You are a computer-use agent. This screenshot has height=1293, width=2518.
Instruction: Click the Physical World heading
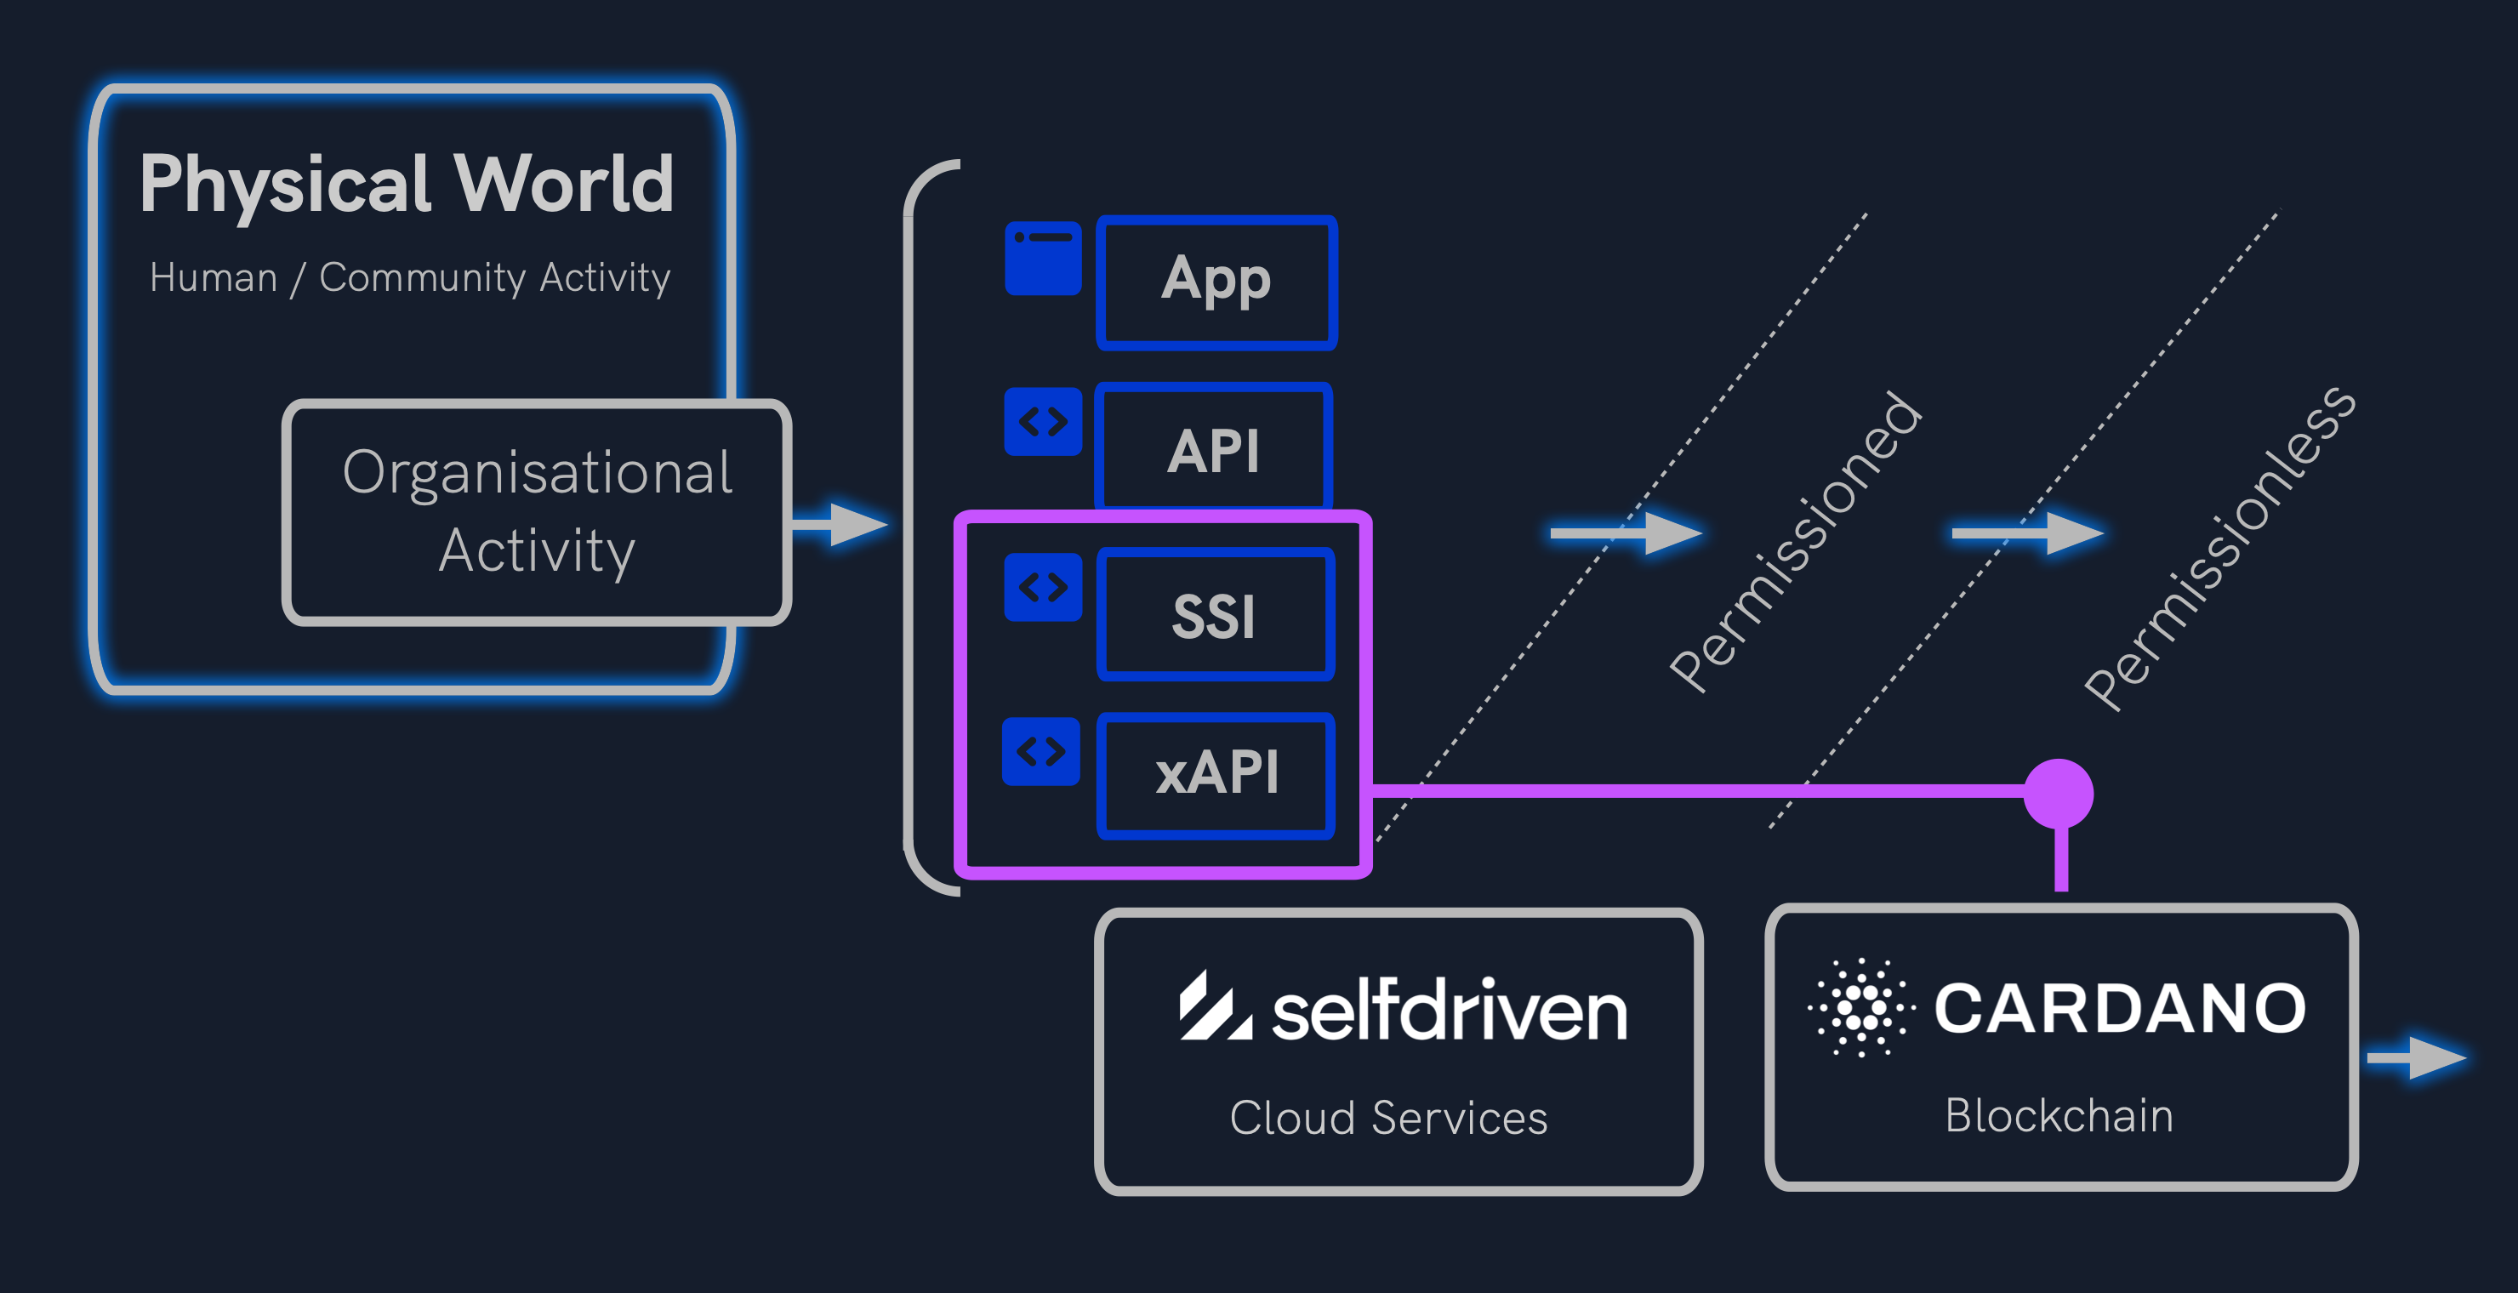click(x=407, y=184)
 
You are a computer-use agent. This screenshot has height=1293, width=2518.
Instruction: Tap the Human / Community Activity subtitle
click(x=409, y=277)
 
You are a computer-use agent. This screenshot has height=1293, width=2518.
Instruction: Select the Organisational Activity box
click(x=537, y=511)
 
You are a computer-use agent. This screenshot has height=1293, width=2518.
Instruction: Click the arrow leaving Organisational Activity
click(x=840, y=524)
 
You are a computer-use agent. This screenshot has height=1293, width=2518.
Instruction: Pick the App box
click(x=1216, y=282)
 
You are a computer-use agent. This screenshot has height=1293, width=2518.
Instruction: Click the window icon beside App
click(x=1043, y=258)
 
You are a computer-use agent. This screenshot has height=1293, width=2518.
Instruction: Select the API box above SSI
click(x=1213, y=449)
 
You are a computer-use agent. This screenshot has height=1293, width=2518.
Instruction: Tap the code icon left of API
click(x=1043, y=422)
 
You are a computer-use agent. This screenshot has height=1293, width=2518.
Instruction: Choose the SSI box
click(x=1214, y=615)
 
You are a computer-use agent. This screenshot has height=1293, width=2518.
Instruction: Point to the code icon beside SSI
click(x=1043, y=587)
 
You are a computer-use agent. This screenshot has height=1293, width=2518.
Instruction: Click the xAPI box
click(x=1216, y=774)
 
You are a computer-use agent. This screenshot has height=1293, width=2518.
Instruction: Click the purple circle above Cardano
click(x=2059, y=793)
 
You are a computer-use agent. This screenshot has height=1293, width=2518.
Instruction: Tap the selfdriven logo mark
click(x=1214, y=1006)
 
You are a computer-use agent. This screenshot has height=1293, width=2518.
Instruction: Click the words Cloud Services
click(x=1388, y=1117)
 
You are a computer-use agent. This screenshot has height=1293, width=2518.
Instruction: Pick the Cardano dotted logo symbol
click(x=1861, y=1006)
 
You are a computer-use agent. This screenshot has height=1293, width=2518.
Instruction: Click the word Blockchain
click(x=2059, y=1115)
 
